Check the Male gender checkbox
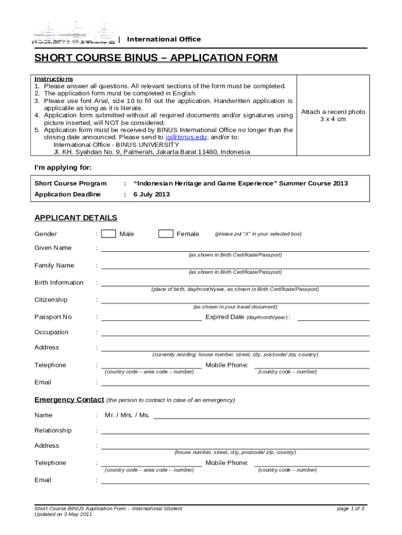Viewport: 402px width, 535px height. pos(109,234)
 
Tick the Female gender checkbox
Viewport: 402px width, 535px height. pos(165,234)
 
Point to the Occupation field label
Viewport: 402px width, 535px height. pos(51,332)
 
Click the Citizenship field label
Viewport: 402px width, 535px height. pos(51,300)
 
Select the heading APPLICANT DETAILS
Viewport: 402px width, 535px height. pos(76,218)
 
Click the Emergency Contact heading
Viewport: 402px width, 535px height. pos(69,400)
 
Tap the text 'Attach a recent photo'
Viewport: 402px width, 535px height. pos(333,112)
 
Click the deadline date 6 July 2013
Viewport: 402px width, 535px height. pos(151,194)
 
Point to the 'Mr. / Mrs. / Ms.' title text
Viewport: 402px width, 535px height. pos(127,415)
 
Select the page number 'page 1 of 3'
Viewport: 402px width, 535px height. pos(351,508)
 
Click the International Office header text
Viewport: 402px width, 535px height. pos(164,40)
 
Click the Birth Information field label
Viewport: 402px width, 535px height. pos(59,283)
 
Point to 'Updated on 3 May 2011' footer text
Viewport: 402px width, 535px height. pos(63,515)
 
